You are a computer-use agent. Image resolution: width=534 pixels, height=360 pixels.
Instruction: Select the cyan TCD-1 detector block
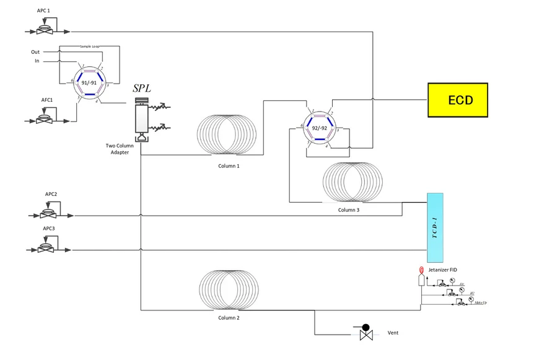(x=435, y=227)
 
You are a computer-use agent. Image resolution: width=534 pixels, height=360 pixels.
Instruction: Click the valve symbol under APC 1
(x=43, y=29)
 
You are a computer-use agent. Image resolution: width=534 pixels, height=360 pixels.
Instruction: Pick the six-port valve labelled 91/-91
(x=89, y=81)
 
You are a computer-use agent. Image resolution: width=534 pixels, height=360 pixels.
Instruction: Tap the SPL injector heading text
(x=142, y=89)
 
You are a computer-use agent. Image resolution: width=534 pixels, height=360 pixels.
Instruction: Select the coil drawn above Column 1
(x=227, y=136)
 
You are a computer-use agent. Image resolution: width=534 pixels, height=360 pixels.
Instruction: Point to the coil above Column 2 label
(x=228, y=290)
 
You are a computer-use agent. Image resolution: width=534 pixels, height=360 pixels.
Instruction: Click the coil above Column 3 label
(x=352, y=183)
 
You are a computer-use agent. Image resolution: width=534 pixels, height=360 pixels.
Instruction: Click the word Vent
(x=393, y=333)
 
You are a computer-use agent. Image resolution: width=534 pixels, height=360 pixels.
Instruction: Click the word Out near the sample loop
(x=35, y=52)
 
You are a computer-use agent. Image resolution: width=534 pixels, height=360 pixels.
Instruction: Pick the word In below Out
(x=37, y=61)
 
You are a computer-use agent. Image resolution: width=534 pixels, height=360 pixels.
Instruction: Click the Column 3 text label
(x=348, y=210)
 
